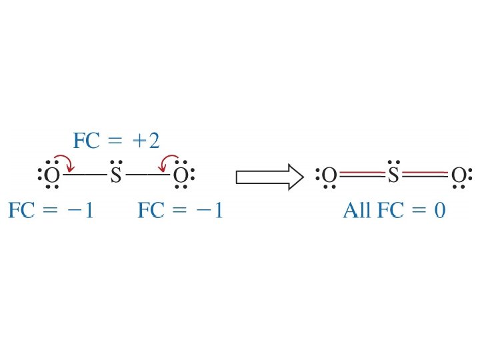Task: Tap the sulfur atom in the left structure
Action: [116, 176]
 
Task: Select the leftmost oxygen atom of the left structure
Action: [52, 176]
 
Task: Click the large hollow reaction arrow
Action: [271, 177]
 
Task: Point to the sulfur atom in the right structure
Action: [393, 176]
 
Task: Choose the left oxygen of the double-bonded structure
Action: [329, 176]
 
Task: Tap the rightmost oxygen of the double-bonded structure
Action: [458, 176]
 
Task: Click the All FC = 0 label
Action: [393, 211]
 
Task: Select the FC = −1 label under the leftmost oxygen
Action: [51, 211]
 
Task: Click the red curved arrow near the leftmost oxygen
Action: [66, 162]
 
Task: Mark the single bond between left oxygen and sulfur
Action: [84, 176]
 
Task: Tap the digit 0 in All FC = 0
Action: [438, 211]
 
